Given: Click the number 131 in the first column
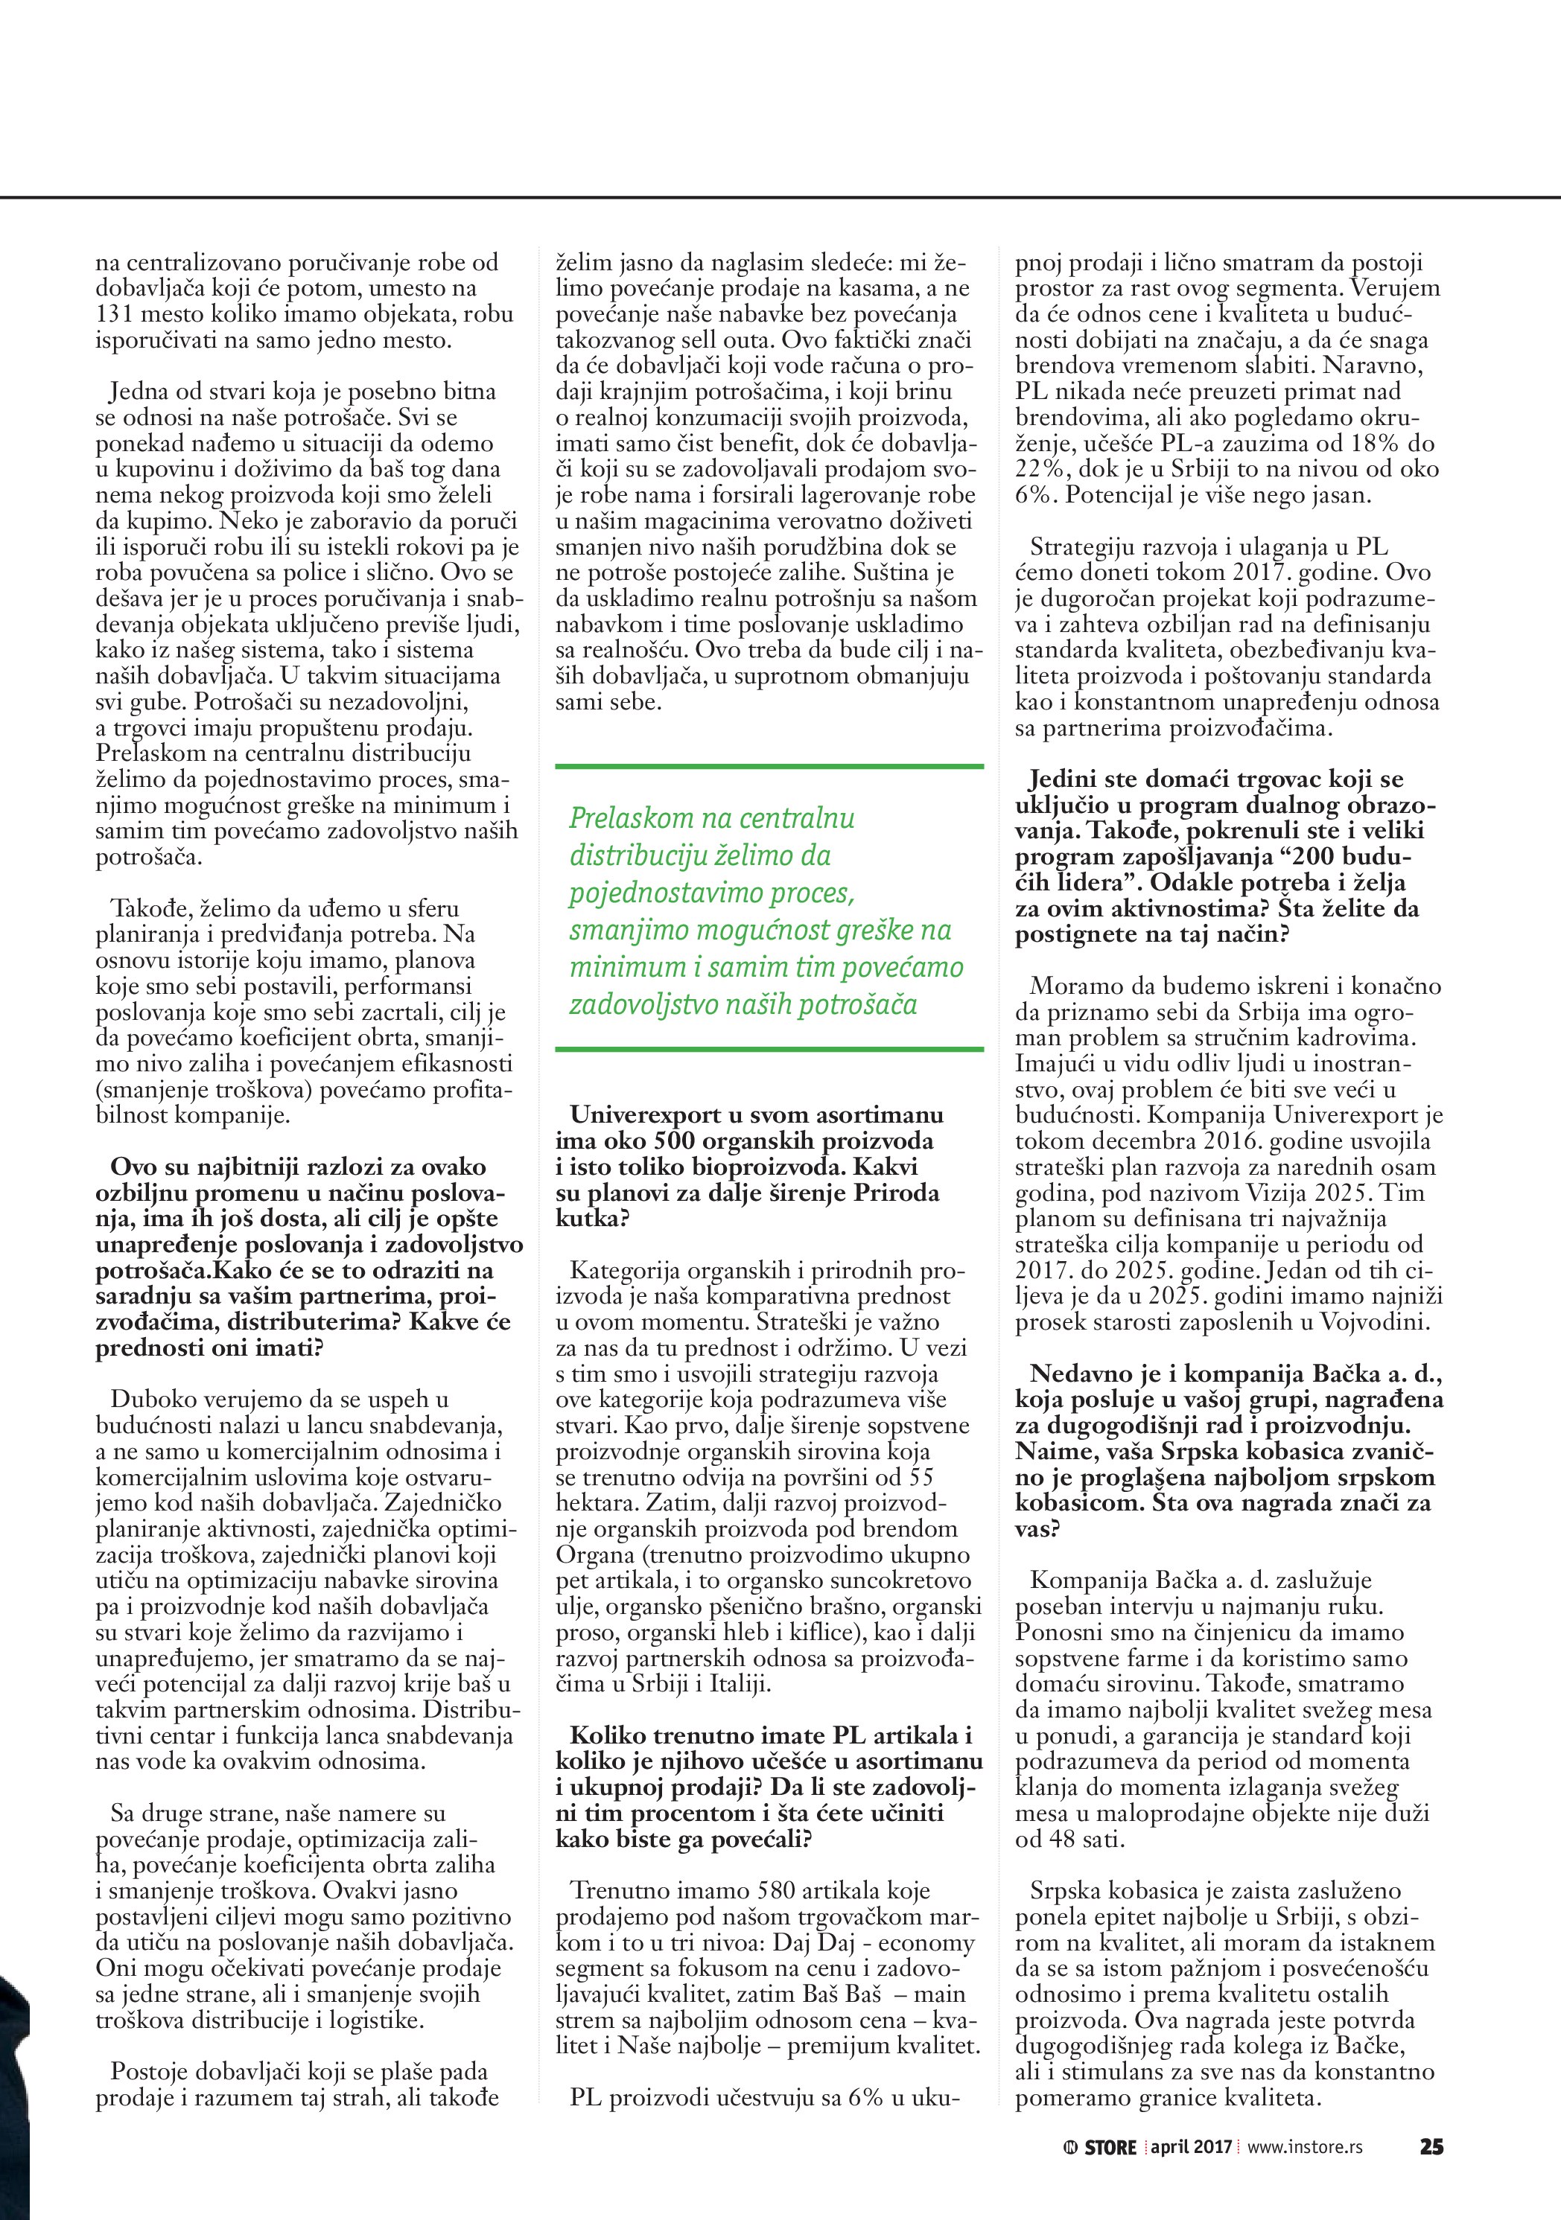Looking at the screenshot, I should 116,314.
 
